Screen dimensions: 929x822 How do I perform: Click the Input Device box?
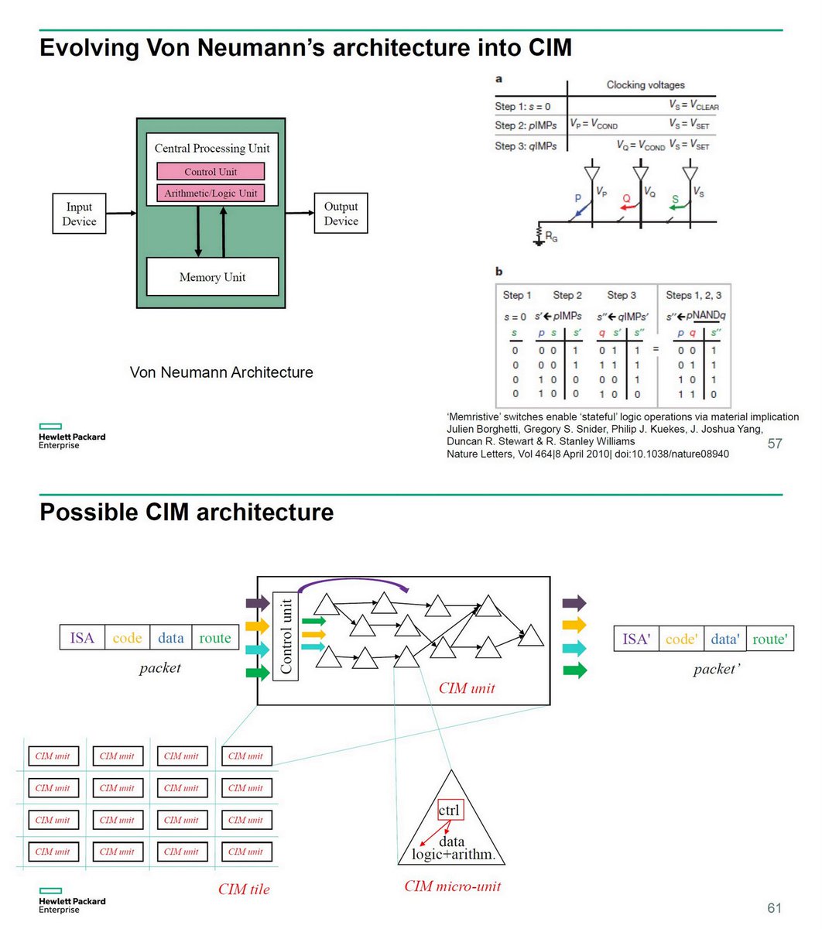tap(79, 214)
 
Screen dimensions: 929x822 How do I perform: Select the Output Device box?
tap(341, 214)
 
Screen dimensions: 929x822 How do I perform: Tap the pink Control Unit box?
tap(211, 172)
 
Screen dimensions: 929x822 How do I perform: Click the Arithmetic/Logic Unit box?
tap(211, 193)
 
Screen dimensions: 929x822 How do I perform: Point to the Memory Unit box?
tap(212, 276)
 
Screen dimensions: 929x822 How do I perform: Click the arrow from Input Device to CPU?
tap(121, 213)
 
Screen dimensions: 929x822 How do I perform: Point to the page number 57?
tap(774, 444)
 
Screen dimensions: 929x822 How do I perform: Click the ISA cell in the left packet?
tap(82, 638)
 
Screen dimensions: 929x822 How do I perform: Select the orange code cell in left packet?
tap(127, 638)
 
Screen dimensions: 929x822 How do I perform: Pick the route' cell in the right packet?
tap(770, 639)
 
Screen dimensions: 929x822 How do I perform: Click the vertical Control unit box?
tap(286, 636)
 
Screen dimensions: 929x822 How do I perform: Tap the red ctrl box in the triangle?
tap(449, 811)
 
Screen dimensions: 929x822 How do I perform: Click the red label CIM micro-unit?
tap(452, 886)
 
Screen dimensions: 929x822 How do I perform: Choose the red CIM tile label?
tap(244, 889)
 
